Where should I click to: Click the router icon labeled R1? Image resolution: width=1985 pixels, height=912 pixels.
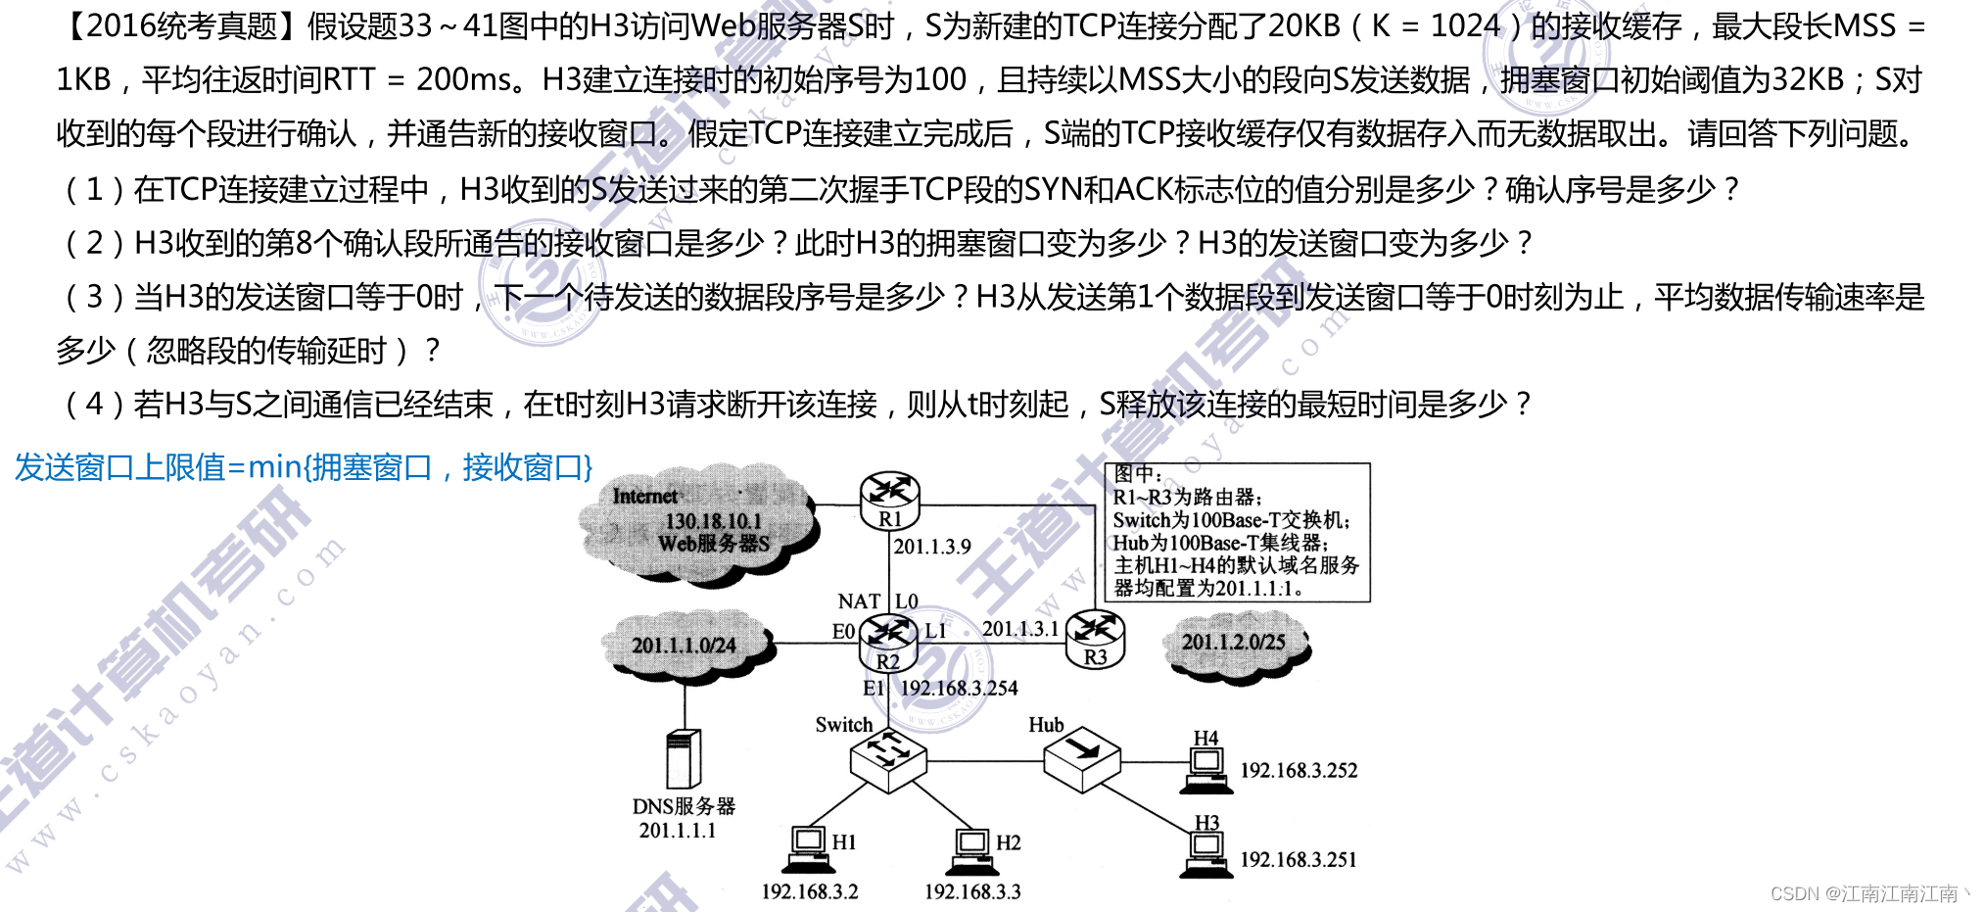889,498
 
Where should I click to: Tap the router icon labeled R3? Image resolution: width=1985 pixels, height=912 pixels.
1095,638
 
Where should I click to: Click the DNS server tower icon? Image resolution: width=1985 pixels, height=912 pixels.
683,759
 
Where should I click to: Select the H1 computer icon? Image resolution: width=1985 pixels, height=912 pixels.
809,849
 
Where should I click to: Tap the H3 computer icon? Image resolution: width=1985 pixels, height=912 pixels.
1205,851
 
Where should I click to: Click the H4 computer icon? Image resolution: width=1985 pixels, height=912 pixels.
1205,766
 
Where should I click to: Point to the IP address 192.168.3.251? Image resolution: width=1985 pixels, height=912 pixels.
1299,860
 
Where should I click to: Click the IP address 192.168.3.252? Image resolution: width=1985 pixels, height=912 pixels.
1299,771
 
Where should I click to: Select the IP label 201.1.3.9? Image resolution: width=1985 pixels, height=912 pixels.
932,547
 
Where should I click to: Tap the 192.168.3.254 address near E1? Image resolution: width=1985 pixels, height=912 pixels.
959,689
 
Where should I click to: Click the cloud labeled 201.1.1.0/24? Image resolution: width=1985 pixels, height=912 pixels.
685,646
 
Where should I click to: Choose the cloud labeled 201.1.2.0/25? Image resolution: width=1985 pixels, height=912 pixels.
1233,643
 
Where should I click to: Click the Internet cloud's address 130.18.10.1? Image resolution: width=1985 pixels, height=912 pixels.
713,521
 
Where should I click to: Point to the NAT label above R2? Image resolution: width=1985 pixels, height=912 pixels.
859,601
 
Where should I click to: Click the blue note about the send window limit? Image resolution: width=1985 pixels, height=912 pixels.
304,468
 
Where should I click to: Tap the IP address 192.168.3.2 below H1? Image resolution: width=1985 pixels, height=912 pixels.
810,892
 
